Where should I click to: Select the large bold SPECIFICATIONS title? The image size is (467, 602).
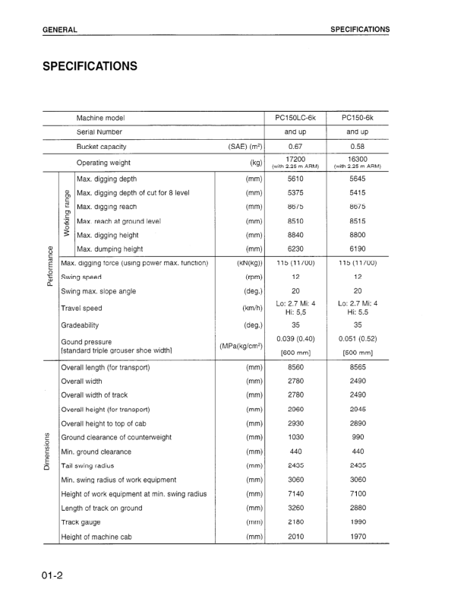[90, 66]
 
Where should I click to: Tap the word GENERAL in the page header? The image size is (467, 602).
[60, 30]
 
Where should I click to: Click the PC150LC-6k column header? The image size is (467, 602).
[295, 118]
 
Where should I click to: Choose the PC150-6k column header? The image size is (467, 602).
[358, 118]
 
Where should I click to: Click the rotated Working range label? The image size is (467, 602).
[67, 214]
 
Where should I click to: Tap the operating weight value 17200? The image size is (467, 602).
[295, 159]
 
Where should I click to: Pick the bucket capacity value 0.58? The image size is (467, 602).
[358, 146]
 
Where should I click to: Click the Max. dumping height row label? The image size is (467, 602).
[109, 249]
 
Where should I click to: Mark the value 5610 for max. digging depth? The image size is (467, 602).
[295, 179]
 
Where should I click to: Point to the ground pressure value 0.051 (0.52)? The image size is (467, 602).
[358, 338]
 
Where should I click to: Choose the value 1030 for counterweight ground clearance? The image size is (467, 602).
[295, 437]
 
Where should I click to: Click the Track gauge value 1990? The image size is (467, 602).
[358, 522]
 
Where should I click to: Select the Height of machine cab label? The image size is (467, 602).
[96, 537]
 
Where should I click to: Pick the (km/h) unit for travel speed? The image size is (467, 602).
[248, 309]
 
